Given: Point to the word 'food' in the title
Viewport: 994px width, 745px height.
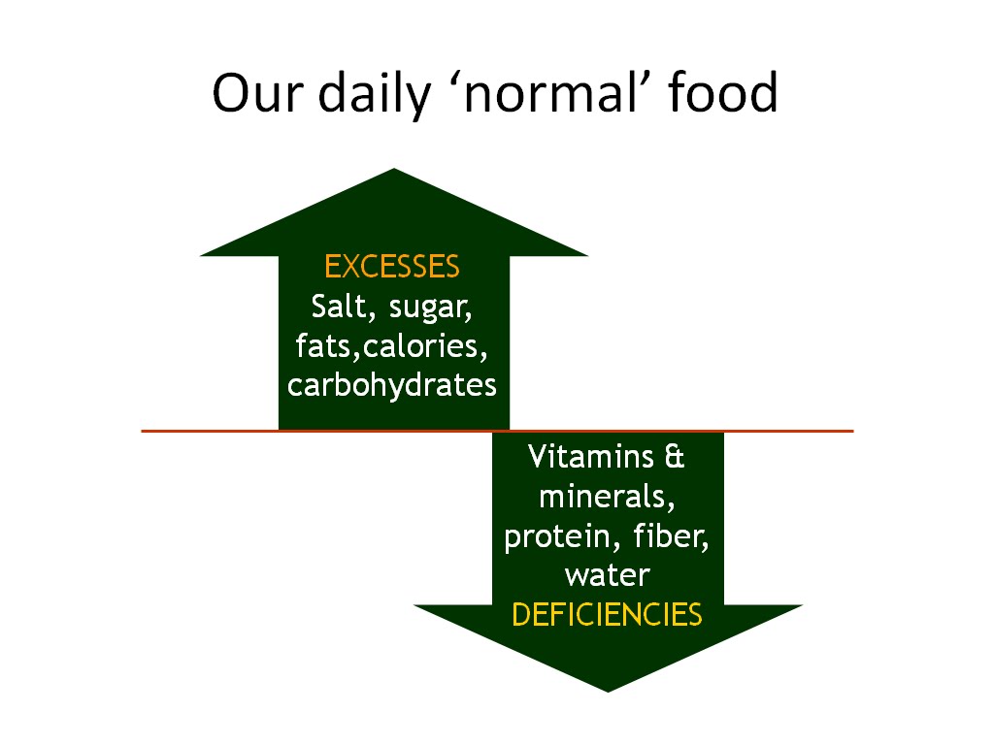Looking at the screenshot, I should [723, 94].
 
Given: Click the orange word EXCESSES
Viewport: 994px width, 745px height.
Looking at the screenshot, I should [392, 267].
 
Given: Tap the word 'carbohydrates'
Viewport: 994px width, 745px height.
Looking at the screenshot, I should [392, 385].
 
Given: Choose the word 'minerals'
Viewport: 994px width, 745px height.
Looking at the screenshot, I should [607, 498].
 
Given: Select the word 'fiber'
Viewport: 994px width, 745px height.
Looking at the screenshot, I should [671, 536].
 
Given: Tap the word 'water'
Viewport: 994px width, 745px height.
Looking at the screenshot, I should [607, 576].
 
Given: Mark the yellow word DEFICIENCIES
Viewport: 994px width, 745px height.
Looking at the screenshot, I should [607, 615].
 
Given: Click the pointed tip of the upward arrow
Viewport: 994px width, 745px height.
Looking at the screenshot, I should [394, 172].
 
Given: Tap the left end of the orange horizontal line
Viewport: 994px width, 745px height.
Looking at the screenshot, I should [144, 430].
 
